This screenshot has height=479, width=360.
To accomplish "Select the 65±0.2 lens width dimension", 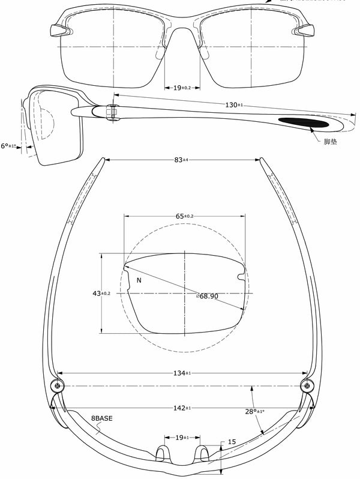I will pyautogui.click(x=184, y=216).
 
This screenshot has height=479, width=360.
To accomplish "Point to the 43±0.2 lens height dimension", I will pyautogui.click(x=100, y=293).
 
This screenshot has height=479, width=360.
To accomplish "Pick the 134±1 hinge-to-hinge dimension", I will pyautogui.click(x=182, y=373).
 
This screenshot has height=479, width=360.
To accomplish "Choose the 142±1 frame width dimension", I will pyautogui.click(x=182, y=408).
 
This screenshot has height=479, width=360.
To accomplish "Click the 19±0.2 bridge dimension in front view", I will pyautogui.click(x=182, y=88).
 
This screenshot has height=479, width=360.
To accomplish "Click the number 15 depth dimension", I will pyautogui.click(x=231, y=442).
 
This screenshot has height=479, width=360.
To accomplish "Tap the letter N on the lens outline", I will pyautogui.click(x=139, y=280).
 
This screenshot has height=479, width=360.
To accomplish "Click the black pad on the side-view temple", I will pyautogui.click(x=305, y=122).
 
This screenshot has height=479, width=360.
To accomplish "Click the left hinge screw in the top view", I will pyautogui.click(x=57, y=385).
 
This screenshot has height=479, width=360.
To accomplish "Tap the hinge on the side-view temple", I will pyautogui.click(x=110, y=111).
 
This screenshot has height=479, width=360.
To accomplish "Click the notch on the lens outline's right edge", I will pyautogui.click(x=242, y=276).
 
